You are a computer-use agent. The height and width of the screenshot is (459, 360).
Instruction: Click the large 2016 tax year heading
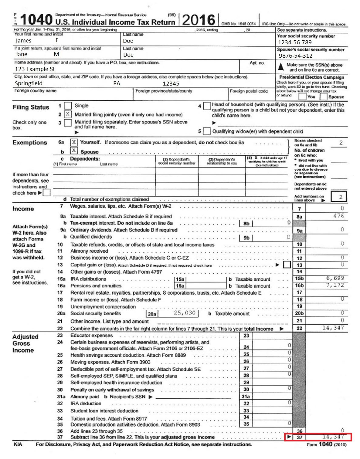(199, 20)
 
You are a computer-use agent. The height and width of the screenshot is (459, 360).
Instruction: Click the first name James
(23, 41)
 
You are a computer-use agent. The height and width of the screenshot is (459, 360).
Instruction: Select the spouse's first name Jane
(21, 54)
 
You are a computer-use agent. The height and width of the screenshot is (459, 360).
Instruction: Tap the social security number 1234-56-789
(295, 42)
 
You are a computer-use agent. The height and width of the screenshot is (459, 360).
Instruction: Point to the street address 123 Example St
(35, 69)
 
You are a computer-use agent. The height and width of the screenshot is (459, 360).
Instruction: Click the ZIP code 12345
(171, 83)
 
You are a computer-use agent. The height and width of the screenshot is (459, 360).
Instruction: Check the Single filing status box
(68, 106)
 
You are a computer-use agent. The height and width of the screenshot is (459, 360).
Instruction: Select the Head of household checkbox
(207, 106)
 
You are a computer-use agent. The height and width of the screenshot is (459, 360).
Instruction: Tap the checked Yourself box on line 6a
(74, 142)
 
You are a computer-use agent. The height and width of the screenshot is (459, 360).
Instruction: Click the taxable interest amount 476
(338, 216)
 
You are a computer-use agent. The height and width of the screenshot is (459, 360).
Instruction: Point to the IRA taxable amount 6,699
(335, 278)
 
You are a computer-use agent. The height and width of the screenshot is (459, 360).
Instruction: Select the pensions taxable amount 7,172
(335, 285)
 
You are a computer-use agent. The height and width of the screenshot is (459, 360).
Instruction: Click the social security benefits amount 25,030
(184, 313)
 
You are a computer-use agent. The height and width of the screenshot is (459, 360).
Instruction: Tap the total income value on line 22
(333, 328)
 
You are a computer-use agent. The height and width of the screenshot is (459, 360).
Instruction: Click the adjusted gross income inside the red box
(333, 437)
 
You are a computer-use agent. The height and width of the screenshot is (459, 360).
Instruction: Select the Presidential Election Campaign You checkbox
(302, 97)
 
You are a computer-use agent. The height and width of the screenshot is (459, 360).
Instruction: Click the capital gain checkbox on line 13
(287, 265)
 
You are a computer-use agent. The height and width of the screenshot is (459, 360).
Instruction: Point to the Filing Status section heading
(31, 107)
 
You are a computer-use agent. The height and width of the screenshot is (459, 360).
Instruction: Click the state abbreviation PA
(117, 83)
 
